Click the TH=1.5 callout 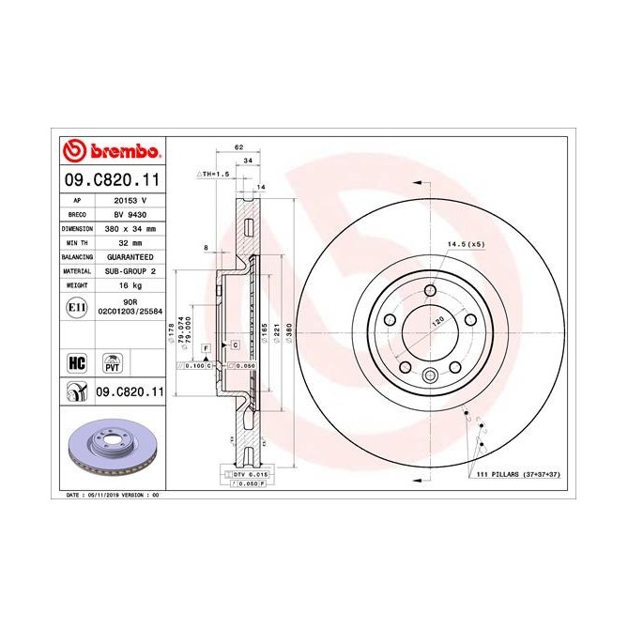215,175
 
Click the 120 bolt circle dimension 436,320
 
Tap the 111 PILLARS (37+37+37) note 513,477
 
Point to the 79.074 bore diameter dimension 179,329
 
